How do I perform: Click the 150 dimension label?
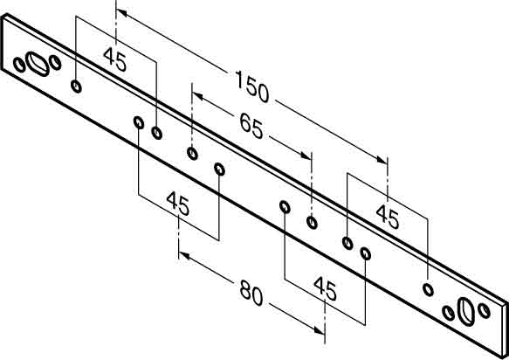(252, 87)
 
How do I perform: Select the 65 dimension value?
(251, 127)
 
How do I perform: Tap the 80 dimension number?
(251, 293)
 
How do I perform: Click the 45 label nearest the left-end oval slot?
(115, 59)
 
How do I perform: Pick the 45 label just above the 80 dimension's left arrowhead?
(177, 204)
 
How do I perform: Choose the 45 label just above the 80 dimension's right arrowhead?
(325, 288)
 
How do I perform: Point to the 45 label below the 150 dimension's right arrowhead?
(388, 217)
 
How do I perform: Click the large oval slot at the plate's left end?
(38, 64)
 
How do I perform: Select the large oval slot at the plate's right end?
(466, 312)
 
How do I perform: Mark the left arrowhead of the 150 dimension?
(121, 13)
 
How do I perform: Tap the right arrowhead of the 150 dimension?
(382, 159)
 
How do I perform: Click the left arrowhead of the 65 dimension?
(197, 96)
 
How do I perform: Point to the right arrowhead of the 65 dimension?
(306, 155)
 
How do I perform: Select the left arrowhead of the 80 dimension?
(184, 256)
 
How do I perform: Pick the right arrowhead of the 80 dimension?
(320, 330)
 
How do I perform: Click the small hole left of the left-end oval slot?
(19, 65)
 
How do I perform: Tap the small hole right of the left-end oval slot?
(55, 62)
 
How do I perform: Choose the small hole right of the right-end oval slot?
(485, 310)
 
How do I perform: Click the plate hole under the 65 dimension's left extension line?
(192, 153)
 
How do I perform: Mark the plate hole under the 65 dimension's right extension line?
(312, 222)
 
